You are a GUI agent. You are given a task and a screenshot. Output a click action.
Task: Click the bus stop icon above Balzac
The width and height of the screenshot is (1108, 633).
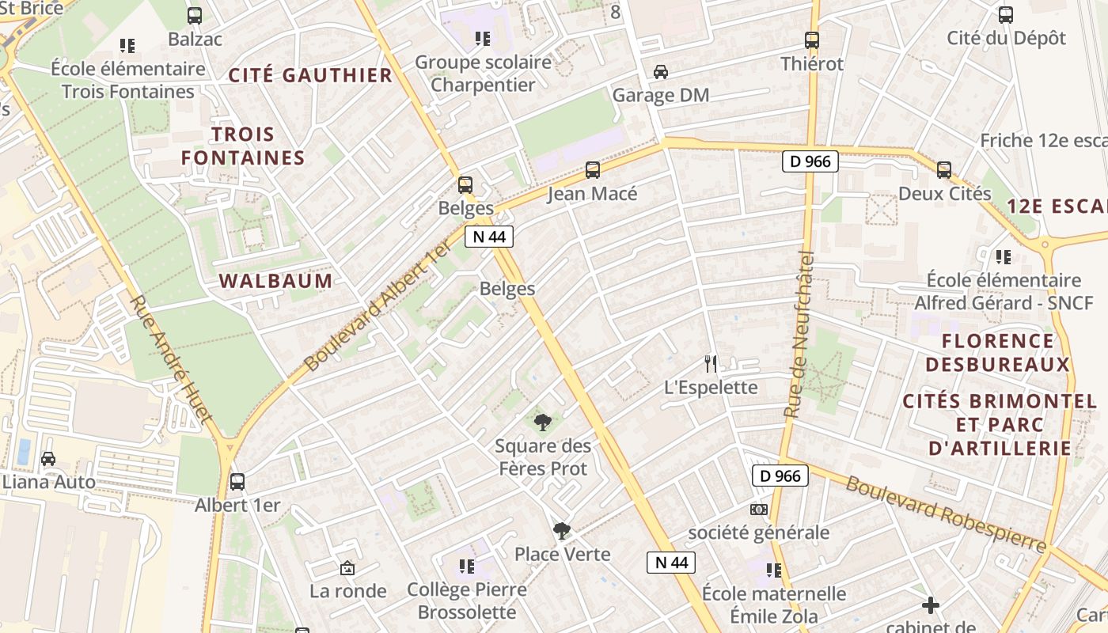[x=195, y=16]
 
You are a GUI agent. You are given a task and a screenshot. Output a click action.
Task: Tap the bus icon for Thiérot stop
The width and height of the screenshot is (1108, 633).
[x=812, y=40]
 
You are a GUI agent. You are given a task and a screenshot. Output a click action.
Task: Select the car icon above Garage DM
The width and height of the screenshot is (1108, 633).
[x=661, y=72]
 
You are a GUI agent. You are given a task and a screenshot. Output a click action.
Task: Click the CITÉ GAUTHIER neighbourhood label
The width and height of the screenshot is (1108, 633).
[x=310, y=75]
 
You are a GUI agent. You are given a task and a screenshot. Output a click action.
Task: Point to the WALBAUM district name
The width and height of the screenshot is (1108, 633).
[x=275, y=281]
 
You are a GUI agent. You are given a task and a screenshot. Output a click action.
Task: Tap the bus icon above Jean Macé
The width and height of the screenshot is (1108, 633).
[x=593, y=170]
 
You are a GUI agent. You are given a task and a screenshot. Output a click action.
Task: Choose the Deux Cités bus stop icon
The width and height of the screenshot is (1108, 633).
[x=944, y=170]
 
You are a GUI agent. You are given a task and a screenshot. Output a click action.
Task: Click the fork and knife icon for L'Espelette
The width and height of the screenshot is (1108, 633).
[x=711, y=364]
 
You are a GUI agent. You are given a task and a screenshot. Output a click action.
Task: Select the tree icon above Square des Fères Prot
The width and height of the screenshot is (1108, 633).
[x=542, y=423]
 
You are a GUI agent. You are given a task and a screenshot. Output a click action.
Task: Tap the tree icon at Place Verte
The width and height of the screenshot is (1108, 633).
[x=562, y=531]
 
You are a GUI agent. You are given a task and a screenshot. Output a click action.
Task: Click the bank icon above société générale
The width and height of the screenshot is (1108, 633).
[x=759, y=510]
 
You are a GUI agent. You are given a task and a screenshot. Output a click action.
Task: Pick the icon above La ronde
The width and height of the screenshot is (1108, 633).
[x=347, y=568]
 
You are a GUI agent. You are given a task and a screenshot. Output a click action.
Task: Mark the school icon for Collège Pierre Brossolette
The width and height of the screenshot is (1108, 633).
[x=467, y=567]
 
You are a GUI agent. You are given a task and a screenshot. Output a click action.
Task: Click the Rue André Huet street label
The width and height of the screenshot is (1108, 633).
[x=171, y=360]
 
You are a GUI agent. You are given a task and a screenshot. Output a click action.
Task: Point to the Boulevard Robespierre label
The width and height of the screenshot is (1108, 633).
[x=946, y=514]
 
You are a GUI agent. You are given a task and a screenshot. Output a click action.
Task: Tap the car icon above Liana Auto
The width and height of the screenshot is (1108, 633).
[x=48, y=459]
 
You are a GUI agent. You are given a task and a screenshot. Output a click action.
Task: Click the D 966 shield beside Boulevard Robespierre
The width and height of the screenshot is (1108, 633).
[x=780, y=476]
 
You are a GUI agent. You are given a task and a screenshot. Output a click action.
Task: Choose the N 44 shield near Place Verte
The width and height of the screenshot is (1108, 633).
[x=671, y=563]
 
